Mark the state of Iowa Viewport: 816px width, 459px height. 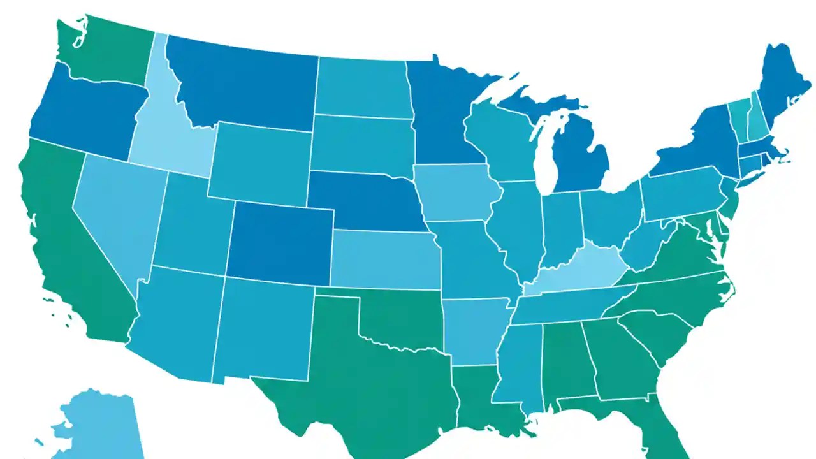456,191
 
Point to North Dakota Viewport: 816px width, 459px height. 360,86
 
